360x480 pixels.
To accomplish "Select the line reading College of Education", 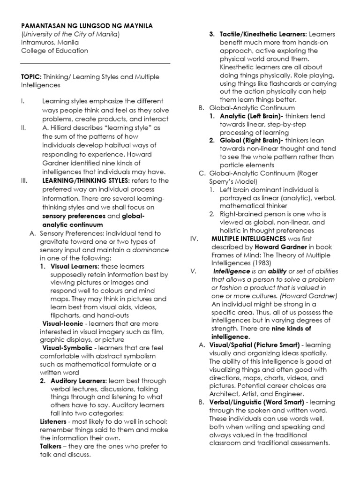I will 54,51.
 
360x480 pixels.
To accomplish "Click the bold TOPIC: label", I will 31,77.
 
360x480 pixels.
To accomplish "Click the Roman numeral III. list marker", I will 24,181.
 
